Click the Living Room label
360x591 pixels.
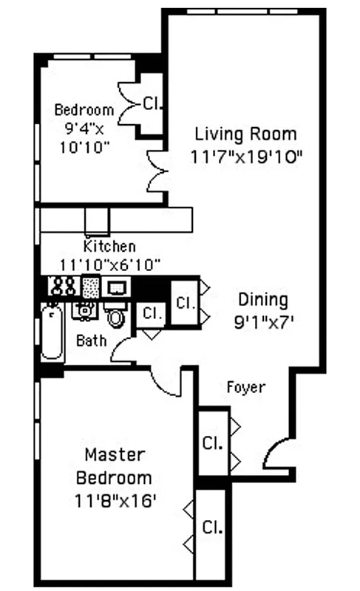[x=245, y=134]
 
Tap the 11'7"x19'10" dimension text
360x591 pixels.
[x=245, y=157]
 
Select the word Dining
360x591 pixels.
[x=262, y=299]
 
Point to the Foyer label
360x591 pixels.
[x=245, y=386]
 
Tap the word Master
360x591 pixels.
[x=114, y=454]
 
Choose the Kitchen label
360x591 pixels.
[x=109, y=247]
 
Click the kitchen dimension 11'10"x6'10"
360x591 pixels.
[x=110, y=264]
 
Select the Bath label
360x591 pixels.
[x=91, y=341]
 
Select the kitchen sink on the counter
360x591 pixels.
[x=117, y=287]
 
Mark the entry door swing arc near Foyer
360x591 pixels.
[x=276, y=451]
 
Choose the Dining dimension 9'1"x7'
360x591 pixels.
[x=262, y=321]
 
